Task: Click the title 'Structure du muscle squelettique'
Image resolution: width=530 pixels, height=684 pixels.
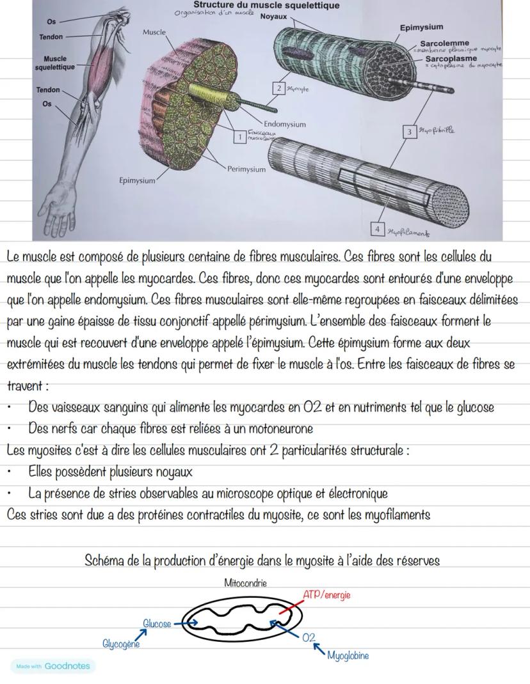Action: point(266,5)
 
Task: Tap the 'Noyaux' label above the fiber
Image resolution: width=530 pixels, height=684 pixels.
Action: point(274,16)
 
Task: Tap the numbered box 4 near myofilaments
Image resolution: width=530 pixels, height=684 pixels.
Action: point(378,229)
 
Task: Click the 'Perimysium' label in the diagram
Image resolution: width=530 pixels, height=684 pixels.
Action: point(246,169)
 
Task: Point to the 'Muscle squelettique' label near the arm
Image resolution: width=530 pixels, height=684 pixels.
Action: point(55,63)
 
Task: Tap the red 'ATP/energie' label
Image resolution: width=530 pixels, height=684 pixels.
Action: point(326,595)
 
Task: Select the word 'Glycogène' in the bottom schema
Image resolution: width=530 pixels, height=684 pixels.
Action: point(120,644)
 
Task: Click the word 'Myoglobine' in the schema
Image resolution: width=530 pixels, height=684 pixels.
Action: point(348,655)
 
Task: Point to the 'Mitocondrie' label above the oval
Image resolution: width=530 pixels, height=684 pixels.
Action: point(246,583)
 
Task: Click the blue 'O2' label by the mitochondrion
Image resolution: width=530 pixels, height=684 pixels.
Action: point(309,637)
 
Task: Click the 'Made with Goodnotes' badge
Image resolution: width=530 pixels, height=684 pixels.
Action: point(52,666)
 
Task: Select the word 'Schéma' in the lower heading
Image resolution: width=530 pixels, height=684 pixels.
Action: point(104,561)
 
